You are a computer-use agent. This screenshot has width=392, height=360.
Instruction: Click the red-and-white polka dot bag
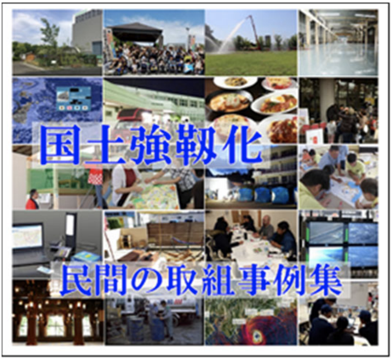point(95,175)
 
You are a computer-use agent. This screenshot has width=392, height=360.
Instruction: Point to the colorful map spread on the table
point(152,195)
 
